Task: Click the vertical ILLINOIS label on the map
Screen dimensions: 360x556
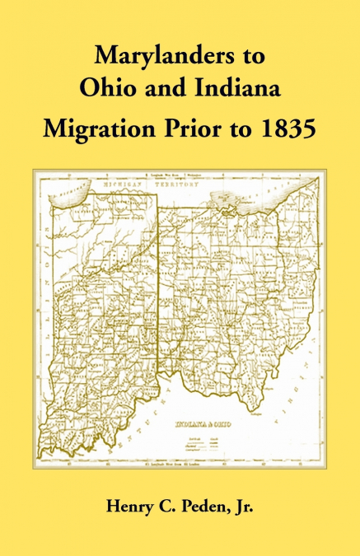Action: [44, 321]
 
